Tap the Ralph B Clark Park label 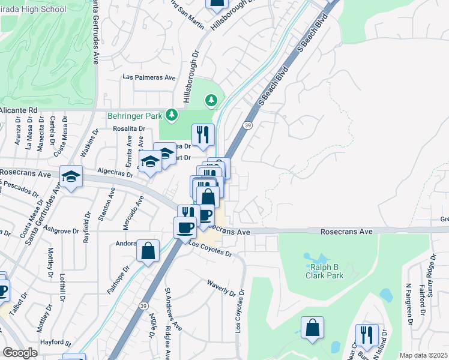(327, 271)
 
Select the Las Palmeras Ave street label (149, 77)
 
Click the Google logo (20, 353)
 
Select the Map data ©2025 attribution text (424, 355)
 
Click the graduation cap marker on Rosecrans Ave (71, 176)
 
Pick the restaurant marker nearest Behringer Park (203, 134)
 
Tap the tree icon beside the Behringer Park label (172, 114)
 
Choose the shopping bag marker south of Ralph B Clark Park (312, 328)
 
